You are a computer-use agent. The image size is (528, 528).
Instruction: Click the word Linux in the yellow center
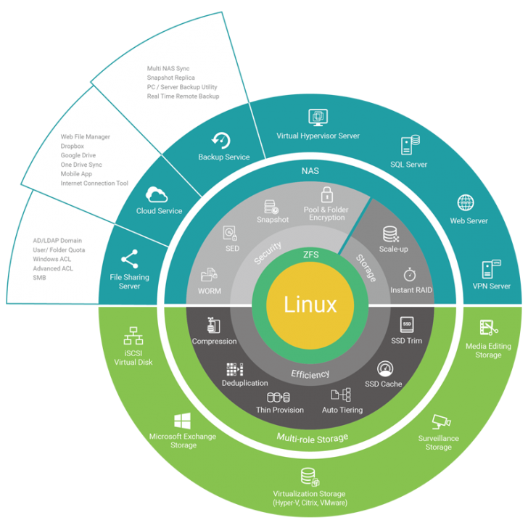click(310, 304)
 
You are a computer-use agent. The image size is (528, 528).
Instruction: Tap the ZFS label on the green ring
click(310, 255)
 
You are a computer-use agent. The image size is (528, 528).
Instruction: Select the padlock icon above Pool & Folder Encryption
click(326, 194)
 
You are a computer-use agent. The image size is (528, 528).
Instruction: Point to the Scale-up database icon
click(391, 234)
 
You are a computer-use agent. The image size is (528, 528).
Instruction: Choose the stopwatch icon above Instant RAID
click(409, 275)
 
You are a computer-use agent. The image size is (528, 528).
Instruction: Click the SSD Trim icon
click(406, 324)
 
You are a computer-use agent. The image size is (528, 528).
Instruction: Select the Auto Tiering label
click(342, 410)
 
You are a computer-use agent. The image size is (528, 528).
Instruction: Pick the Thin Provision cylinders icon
click(279, 397)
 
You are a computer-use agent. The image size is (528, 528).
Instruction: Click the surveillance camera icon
click(440, 421)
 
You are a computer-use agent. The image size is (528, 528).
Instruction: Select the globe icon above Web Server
click(466, 202)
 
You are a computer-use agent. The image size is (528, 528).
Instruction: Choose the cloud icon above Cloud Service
click(157, 194)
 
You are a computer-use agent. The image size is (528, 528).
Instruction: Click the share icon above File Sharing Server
click(130, 259)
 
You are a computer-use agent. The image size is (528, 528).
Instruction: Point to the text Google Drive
click(78, 155)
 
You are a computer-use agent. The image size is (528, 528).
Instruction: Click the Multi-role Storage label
click(312, 437)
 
